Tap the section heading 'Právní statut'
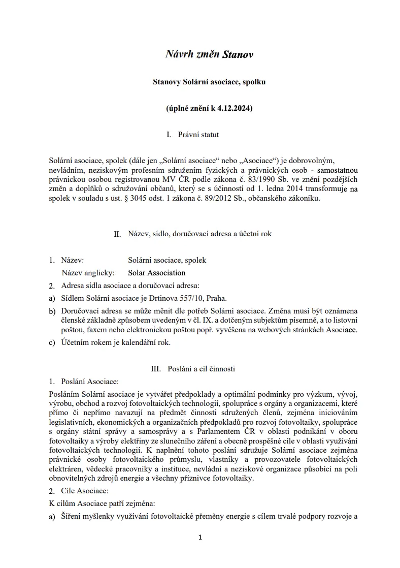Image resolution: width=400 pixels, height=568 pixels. click(198, 135)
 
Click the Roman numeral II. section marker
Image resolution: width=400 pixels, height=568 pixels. click(117, 234)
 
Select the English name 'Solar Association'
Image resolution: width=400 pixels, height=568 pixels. click(157, 273)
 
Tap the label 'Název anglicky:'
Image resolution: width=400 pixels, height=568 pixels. click(88, 273)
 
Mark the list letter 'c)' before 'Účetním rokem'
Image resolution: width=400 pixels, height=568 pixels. click(52, 342)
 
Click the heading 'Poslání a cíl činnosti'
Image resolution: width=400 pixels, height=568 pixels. click(201, 369)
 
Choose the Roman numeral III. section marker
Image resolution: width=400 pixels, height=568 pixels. click(156, 369)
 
